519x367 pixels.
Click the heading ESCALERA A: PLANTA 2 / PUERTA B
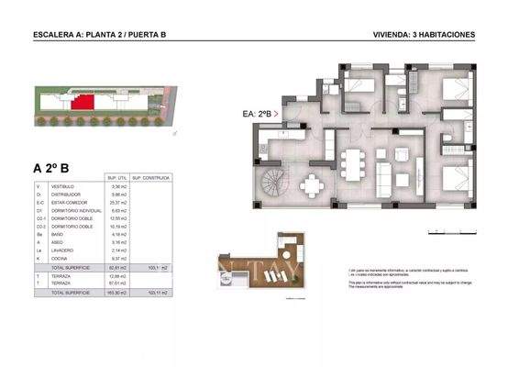click(x=99, y=35)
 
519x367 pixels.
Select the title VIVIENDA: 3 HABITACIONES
click(x=424, y=35)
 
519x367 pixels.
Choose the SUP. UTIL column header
click(x=116, y=177)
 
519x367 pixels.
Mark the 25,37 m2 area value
click(x=116, y=203)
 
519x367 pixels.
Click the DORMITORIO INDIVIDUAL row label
click(x=76, y=211)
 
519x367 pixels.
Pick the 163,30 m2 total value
click(x=116, y=292)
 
